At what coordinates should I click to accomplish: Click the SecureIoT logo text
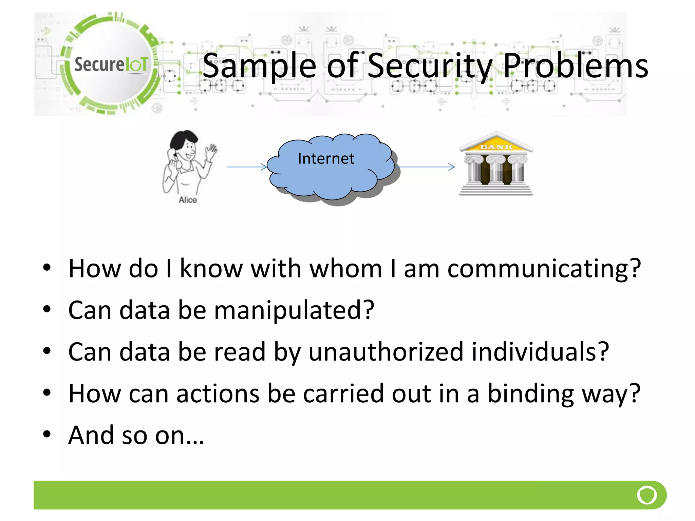pos(111,64)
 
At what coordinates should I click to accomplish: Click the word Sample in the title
pos(259,66)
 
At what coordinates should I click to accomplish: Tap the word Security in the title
pos(430,66)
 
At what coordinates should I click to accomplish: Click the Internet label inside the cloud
pos(326,159)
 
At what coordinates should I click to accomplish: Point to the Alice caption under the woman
pos(188,200)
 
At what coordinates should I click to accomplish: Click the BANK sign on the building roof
pos(496,147)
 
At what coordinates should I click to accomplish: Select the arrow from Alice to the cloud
pos(247,167)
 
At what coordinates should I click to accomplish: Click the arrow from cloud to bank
pos(426,167)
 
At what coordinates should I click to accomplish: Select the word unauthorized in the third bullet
pos(386,352)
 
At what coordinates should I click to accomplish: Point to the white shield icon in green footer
pos(647,495)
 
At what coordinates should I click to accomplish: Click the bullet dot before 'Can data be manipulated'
pos(47,309)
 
